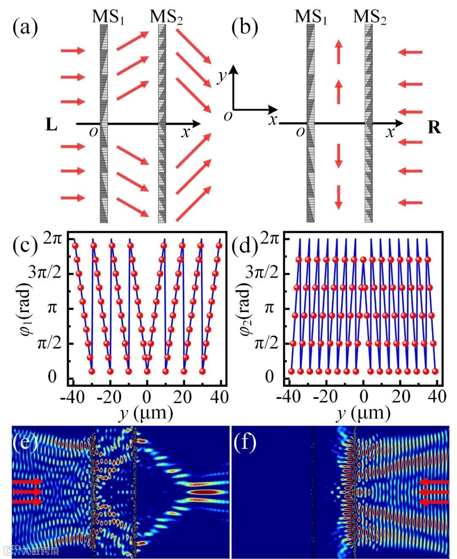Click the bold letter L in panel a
click(51, 126)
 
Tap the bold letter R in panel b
click(434, 127)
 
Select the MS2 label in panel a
click(166, 17)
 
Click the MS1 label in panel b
click(311, 17)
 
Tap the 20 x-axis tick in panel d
click(401, 397)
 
